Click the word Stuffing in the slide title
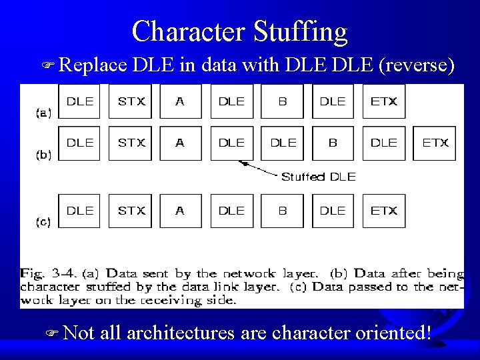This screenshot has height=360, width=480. pyautogui.click(x=300, y=32)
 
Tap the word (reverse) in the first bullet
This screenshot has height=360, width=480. pyautogui.click(x=417, y=65)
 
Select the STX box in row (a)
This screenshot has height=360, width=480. pyautogui.click(x=131, y=101)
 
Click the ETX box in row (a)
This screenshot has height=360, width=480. pyautogui.click(x=383, y=101)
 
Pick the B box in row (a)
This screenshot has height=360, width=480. pyautogui.click(x=282, y=101)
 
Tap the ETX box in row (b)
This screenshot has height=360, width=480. pyautogui.click(x=435, y=143)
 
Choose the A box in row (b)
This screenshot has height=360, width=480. pyautogui.click(x=180, y=143)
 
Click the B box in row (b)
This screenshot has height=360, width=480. pyautogui.click(x=333, y=143)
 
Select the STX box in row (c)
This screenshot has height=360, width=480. pyautogui.click(x=131, y=211)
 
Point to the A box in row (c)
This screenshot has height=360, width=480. pyautogui.click(x=180, y=211)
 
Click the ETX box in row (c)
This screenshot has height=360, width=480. pyautogui.click(x=383, y=211)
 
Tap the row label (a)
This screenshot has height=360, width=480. pyautogui.click(x=43, y=113)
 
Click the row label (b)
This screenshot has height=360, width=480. pyautogui.click(x=43, y=155)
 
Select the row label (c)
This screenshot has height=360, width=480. pyautogui.click(x=43, y=223)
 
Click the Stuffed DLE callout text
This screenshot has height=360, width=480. pyautogui.click(x=318, y=177)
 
